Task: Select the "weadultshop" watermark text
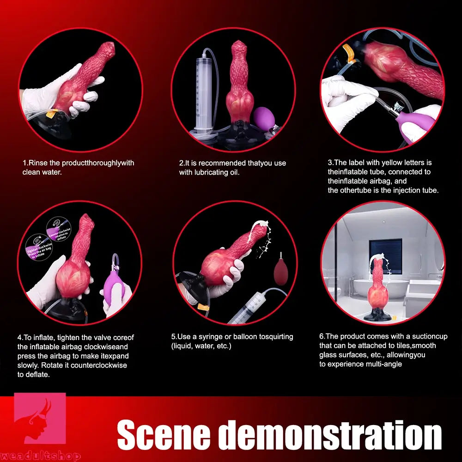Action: coord(40,456)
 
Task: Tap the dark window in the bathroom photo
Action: coord(385,259)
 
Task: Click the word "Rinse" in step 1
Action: coord(38,163)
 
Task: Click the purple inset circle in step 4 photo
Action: coord(58,230)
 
